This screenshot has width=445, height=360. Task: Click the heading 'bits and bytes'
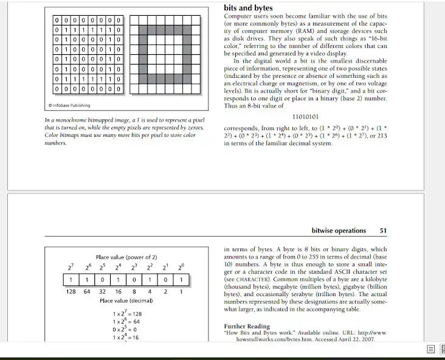[x=248, y=8]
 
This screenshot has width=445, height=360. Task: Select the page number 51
[x=383, y=231]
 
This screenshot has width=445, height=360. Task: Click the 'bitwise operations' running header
[x=339, y=231]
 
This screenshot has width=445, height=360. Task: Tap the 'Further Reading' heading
[x=247, y=327]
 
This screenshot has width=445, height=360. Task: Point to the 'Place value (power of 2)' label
[x=126, y=257]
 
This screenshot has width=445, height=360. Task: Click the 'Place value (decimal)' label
[x=126, y=300]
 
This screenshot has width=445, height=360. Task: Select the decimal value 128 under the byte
[x=71, y=291]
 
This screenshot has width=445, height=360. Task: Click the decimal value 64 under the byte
[x=86, y=291]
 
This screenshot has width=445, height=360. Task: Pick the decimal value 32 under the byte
[x=102, y=291]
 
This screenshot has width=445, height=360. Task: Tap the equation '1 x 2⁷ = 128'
[x=126, y=314]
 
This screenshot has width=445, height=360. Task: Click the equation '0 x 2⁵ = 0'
[x=126, y=329]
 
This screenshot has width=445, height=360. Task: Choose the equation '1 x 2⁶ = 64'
[x=126, y=321]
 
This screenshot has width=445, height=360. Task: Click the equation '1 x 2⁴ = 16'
[x=126, y=337]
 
